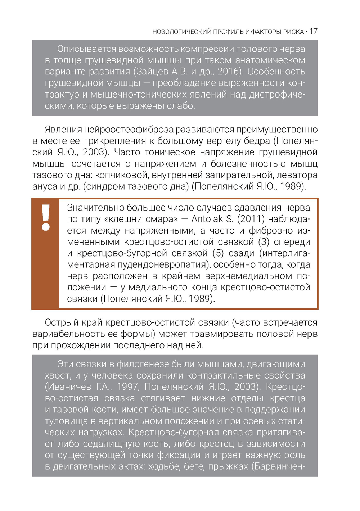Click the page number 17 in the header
(313, 32)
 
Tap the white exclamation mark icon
(46, 217)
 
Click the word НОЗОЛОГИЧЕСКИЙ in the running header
(182, 32)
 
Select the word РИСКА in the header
(293, 32)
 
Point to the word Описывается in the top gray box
(87, 49)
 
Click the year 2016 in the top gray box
(229, 72)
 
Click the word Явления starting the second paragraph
(63, 130)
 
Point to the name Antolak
(204, 219)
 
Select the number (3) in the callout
(265, 242)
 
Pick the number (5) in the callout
(218, 253)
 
